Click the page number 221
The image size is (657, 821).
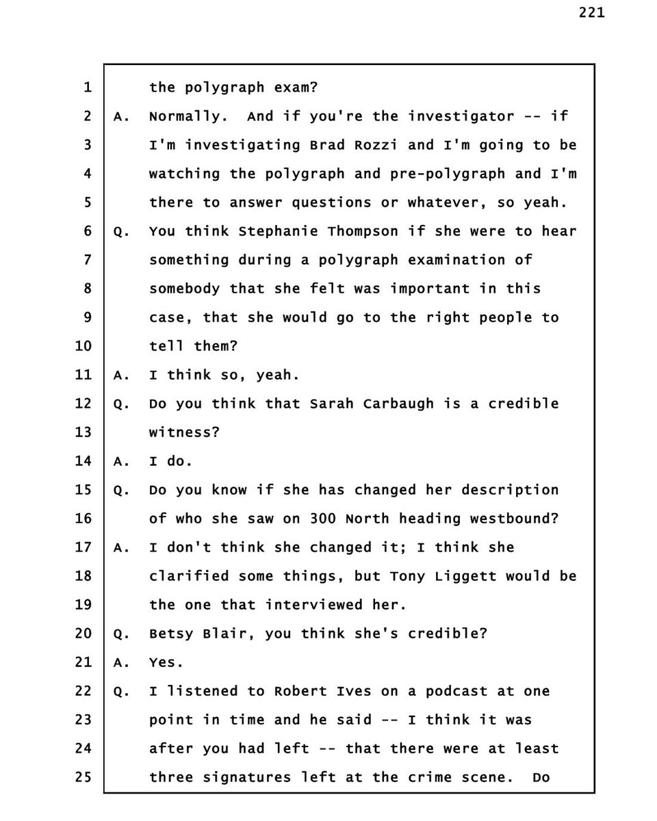tap(591, 13)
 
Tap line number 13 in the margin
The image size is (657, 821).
tap(82, 432)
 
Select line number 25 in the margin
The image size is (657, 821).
tap(82, 777)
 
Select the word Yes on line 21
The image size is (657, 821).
tap(164, 662)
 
